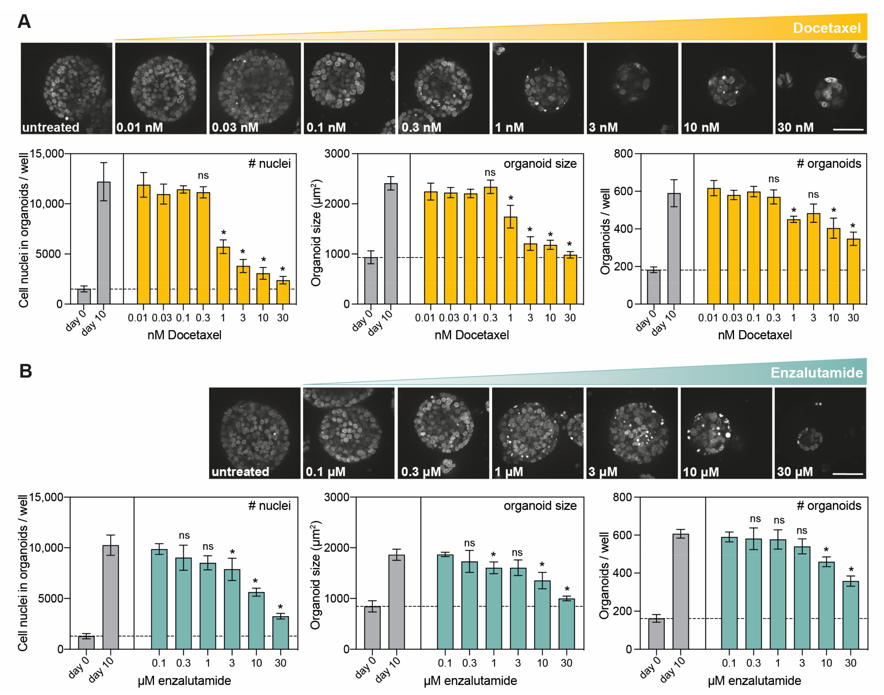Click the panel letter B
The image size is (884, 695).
pos(26,371)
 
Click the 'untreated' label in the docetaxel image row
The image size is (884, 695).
pos(51,127)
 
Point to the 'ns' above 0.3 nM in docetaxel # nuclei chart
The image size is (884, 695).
pos(203,175)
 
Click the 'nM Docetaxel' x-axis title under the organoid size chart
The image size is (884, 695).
pos(471,335)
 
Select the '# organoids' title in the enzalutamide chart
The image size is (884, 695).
pos(828,505)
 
